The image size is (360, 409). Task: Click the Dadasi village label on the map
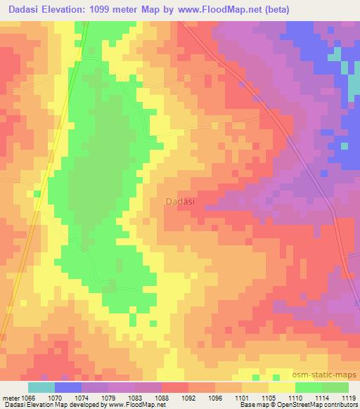pyautogui.click(x=181, y=201)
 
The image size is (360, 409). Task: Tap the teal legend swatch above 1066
pyautogui.click(x=41, y=387)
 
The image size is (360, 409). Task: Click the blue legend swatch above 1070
pyautogui.click(x=68, y=387)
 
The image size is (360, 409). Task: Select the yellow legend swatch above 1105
pyautogui.click(x=282, y=387)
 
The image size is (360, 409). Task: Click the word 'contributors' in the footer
pyautogui.click(x=341, y=405)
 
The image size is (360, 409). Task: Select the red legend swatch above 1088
pyautogui.click(x=175, y=387)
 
